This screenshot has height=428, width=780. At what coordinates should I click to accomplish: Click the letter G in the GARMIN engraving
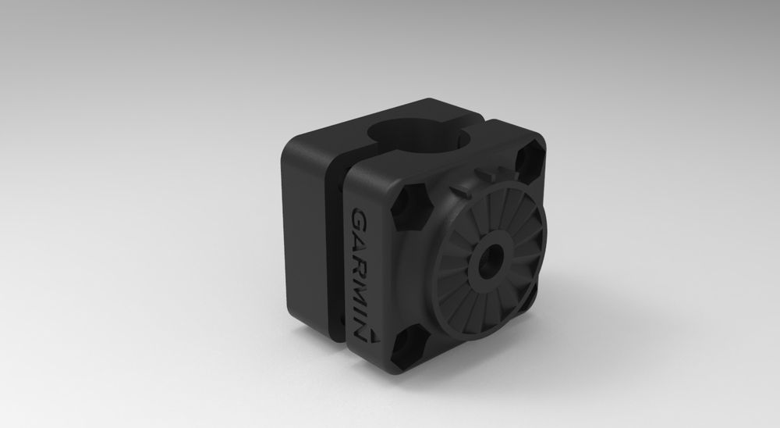[360, 219]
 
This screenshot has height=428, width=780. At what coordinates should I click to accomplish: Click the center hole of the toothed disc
[492, 259]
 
